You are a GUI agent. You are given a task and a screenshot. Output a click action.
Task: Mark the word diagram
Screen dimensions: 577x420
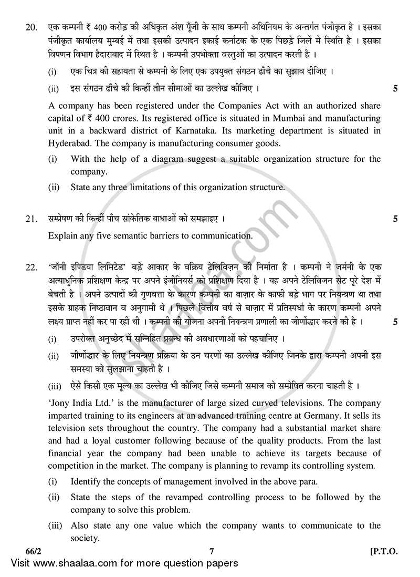coord(168,159)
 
